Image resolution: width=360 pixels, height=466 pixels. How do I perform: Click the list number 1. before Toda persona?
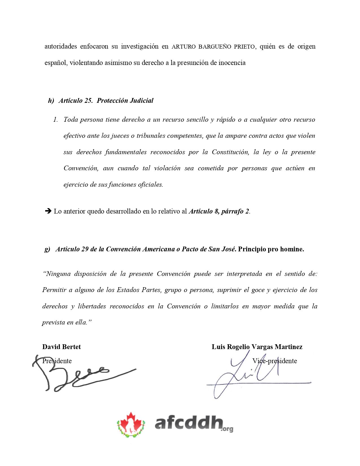tap(55, 120)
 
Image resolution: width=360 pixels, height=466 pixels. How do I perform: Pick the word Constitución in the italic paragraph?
tap(230, 152)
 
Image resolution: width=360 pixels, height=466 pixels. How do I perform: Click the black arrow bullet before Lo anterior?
tap(48, 211)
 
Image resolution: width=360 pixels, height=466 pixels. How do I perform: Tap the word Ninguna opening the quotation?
tap(58, 274)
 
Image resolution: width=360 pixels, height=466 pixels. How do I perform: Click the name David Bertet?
tap(62, 347)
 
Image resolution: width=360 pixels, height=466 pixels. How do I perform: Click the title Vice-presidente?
tap(274, 361)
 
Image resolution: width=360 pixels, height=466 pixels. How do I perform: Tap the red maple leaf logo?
tap(131, 424)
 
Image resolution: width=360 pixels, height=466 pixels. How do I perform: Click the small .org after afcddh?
tap(227, 429)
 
